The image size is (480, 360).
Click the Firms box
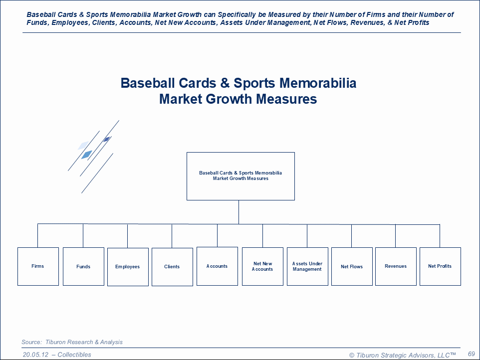(38, 266)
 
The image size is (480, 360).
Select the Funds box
(83, 266)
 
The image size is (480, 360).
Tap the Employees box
(128, 267)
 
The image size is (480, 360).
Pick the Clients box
(172, 267)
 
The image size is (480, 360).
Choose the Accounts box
(217, 266)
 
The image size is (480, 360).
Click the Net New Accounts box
(262, 266)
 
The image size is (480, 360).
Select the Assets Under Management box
(307, 266)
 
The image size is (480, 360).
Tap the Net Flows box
(352, 266)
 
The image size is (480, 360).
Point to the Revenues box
(396, 266)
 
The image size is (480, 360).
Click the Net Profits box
(440, 266)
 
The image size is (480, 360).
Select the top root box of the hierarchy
(240, 176)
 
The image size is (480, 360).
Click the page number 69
(471, 354)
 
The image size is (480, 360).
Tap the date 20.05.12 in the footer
(35, 355)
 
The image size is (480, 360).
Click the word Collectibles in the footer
(74, 355)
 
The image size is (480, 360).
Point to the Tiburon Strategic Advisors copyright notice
(403, 355)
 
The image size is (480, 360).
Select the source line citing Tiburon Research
(72, 342)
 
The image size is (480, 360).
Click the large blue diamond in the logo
(86, 155)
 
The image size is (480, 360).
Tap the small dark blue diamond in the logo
(106, 139)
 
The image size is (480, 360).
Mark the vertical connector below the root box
(239, 212)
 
